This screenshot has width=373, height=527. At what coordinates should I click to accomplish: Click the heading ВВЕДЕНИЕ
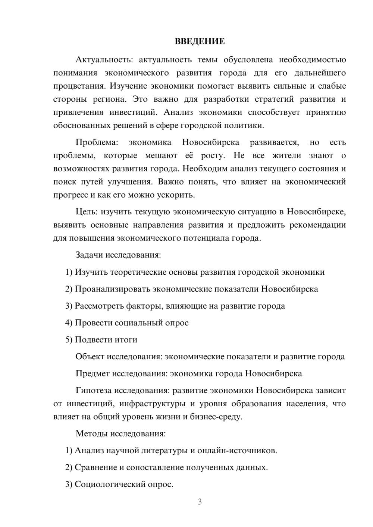point(200,41)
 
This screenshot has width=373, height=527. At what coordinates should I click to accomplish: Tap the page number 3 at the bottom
point(200,502)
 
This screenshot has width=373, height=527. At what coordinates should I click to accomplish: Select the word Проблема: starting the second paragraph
point(97,142)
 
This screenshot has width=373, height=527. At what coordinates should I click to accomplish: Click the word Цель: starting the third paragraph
point(87,212)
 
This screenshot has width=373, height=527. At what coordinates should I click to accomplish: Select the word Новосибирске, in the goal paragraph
point(316,212)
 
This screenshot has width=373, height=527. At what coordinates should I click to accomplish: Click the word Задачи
point(89,255)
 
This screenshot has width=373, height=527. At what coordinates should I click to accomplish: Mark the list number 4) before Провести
point(69,323)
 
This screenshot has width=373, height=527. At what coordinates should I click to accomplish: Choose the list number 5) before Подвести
point(69,340)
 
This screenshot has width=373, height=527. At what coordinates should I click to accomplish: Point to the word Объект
point(90,357)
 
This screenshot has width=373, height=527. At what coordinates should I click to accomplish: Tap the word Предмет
point(93,373)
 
